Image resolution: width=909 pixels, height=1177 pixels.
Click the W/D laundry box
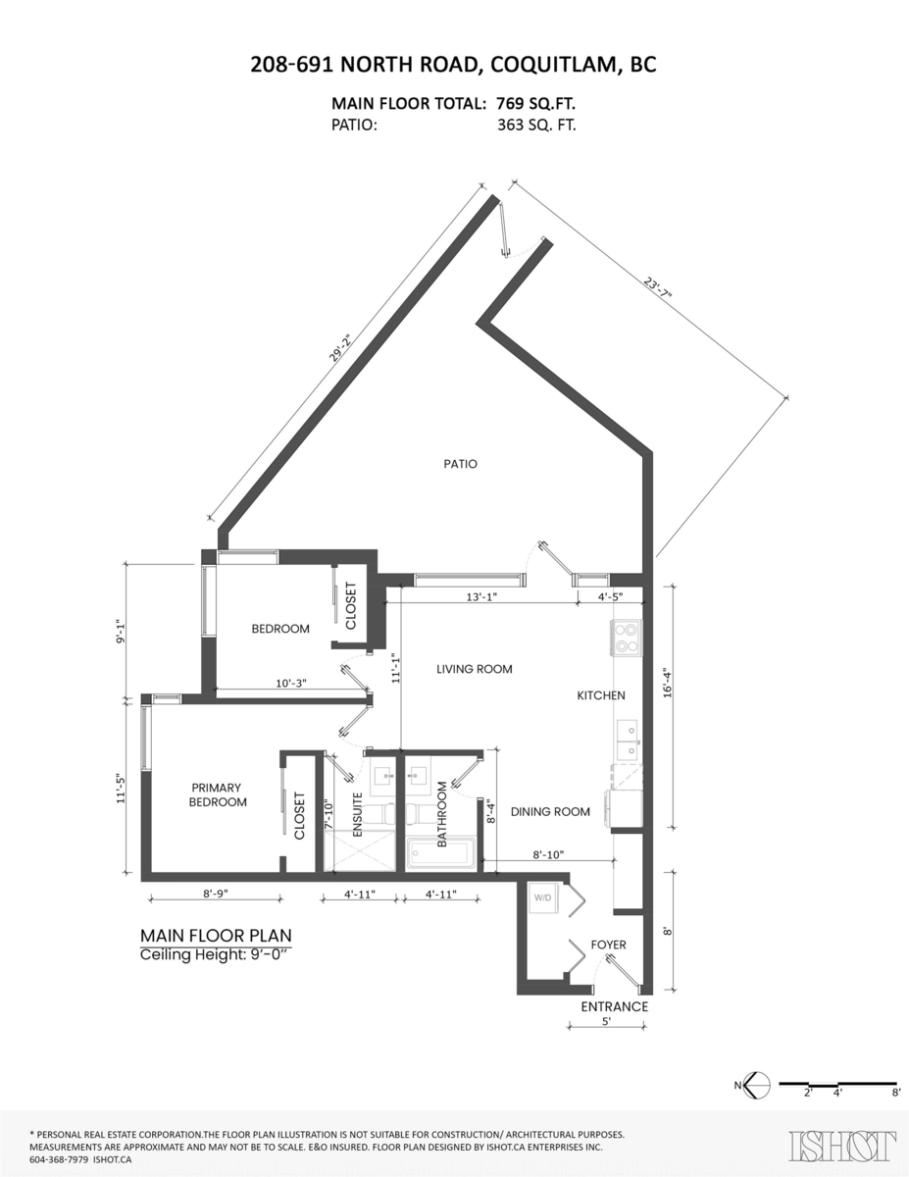click(542, 897)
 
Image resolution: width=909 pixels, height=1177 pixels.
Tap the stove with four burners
click(626, 638)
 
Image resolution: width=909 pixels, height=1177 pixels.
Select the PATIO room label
click(459, 464)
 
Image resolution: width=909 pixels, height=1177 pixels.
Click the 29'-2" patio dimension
click(341, 350)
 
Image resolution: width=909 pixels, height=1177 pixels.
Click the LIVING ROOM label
click(475, 669)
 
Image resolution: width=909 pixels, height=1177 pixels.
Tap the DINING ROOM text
click(550, 811)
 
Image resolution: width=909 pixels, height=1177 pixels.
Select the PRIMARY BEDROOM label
click(217, 794)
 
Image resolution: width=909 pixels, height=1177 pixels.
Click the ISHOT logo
click(842, 1146)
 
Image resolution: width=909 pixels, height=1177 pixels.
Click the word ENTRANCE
click(614, 1006)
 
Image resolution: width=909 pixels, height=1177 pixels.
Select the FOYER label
click(608, 945)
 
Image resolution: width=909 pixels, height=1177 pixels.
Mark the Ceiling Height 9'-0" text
click(216, 954)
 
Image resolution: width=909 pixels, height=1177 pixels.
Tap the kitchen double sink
click(626, 741)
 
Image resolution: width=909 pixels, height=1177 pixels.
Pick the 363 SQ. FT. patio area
click(537, 125)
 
